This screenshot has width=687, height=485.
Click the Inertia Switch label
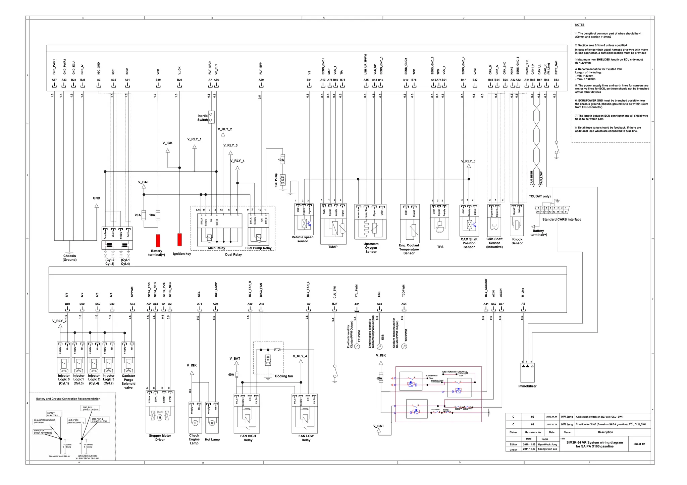[202, 118]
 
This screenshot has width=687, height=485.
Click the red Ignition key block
[179, 240]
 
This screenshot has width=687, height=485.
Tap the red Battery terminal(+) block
[158, 241]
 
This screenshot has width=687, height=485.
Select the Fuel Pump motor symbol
[283, 180]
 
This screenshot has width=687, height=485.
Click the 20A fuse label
[138, 215]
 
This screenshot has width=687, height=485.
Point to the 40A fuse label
[231, 375]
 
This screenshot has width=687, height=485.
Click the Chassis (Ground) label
[69, 258]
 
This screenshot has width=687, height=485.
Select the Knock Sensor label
[517, 241]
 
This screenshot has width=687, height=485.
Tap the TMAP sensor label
[333, 247]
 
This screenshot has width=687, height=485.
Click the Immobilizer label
[527, 386]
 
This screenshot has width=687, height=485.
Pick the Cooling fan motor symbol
[268, 360]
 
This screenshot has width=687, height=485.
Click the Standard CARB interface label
[562, 220]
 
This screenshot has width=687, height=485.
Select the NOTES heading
[579, 25]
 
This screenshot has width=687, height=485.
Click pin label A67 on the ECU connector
[54, 80]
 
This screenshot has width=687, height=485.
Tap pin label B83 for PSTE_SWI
[556, 80]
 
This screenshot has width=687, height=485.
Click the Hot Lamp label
[212, 439]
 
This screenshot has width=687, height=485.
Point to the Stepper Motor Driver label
[160, 438]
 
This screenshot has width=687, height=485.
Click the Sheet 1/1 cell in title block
[639, 444]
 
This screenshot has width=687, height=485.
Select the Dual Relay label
[233, 255]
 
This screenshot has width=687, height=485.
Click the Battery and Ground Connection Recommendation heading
[68, 399]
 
